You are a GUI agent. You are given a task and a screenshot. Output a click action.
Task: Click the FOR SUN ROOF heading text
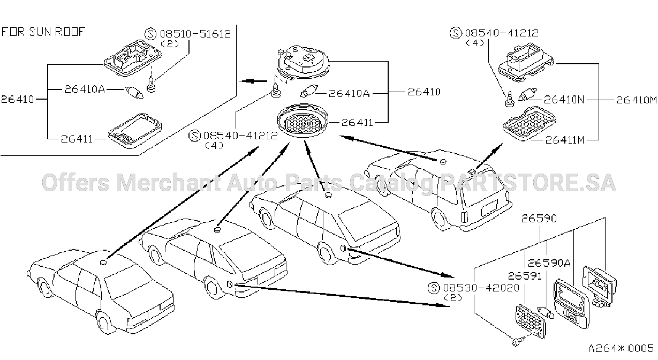point(43,32)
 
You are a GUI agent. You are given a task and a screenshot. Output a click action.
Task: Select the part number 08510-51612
point(195,34)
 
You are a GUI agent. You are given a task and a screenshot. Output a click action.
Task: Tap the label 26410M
point(636,100)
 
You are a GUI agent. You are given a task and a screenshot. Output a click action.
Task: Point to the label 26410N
point(564,100)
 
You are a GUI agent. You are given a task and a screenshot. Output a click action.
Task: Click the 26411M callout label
point(565,140)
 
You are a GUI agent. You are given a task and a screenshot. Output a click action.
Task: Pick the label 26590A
point(549,262)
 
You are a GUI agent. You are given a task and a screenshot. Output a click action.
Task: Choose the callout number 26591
point(525,276)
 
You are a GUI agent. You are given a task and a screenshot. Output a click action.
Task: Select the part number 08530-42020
point(481,288)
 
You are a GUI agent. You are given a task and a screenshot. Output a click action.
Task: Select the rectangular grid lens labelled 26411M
point(530,123)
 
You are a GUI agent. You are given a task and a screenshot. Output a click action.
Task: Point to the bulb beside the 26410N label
point(527,94)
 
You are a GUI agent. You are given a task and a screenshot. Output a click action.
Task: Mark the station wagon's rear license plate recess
point(489,208)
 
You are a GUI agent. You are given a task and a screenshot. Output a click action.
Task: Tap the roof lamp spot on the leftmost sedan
point(103,262)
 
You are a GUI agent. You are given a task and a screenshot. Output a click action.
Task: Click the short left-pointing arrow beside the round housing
point(253,81)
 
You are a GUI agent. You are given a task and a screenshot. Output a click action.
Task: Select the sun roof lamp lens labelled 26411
point(135,130)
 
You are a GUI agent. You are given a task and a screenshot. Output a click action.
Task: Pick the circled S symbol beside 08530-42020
point(434,288)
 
